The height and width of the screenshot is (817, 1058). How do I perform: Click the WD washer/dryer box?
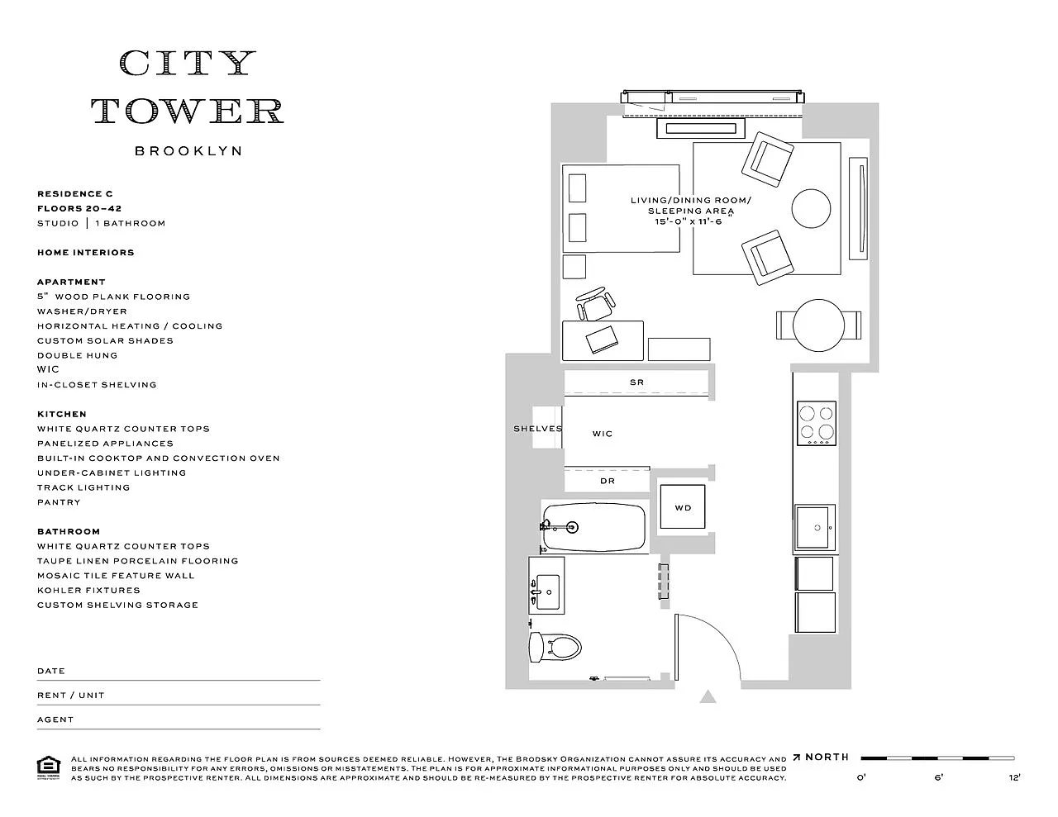682,506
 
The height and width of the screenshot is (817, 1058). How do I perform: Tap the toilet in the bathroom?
555,647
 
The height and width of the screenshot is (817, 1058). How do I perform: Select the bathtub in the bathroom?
594,528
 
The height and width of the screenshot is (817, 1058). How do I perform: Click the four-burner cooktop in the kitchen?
817,423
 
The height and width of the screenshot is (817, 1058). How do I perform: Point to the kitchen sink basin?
813,528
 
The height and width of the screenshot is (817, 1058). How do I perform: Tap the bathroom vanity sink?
547,592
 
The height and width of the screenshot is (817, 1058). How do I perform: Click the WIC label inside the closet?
603,434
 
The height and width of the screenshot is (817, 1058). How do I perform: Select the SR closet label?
636,382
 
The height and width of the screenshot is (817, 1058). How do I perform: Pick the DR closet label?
608,481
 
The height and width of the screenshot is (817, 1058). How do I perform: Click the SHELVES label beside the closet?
537,429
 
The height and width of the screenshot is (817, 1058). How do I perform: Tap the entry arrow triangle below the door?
708,696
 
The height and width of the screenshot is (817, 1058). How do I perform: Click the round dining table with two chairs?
818,325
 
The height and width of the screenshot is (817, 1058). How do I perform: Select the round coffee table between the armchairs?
811,208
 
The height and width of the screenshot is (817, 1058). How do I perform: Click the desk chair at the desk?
595,304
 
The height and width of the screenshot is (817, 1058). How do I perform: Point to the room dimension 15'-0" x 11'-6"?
688,221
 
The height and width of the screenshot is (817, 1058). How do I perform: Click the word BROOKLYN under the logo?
188,151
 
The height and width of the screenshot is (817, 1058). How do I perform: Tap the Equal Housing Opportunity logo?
49,768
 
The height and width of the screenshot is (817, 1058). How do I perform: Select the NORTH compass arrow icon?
797,758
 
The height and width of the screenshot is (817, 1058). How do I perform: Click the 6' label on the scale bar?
938,777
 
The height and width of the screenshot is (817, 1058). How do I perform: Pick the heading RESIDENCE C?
75,193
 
